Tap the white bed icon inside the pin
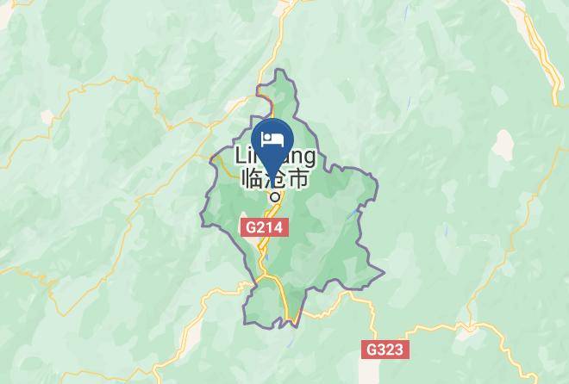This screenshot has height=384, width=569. pyautogui.click(x=272, y=138)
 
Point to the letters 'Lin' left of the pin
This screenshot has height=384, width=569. pyautogui.click(x=245, y=156)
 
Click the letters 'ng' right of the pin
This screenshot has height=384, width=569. pyautogui.click(x=304, y=156)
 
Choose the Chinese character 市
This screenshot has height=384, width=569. pyautogui.click(x=297, y=179)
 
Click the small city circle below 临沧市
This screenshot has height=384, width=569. pyautogui.click(x=273, y=195)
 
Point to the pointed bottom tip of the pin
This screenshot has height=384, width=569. pyautogui.click(x=272, y=176)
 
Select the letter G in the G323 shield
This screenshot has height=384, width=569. pyautogui.click(x=372, y=350)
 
